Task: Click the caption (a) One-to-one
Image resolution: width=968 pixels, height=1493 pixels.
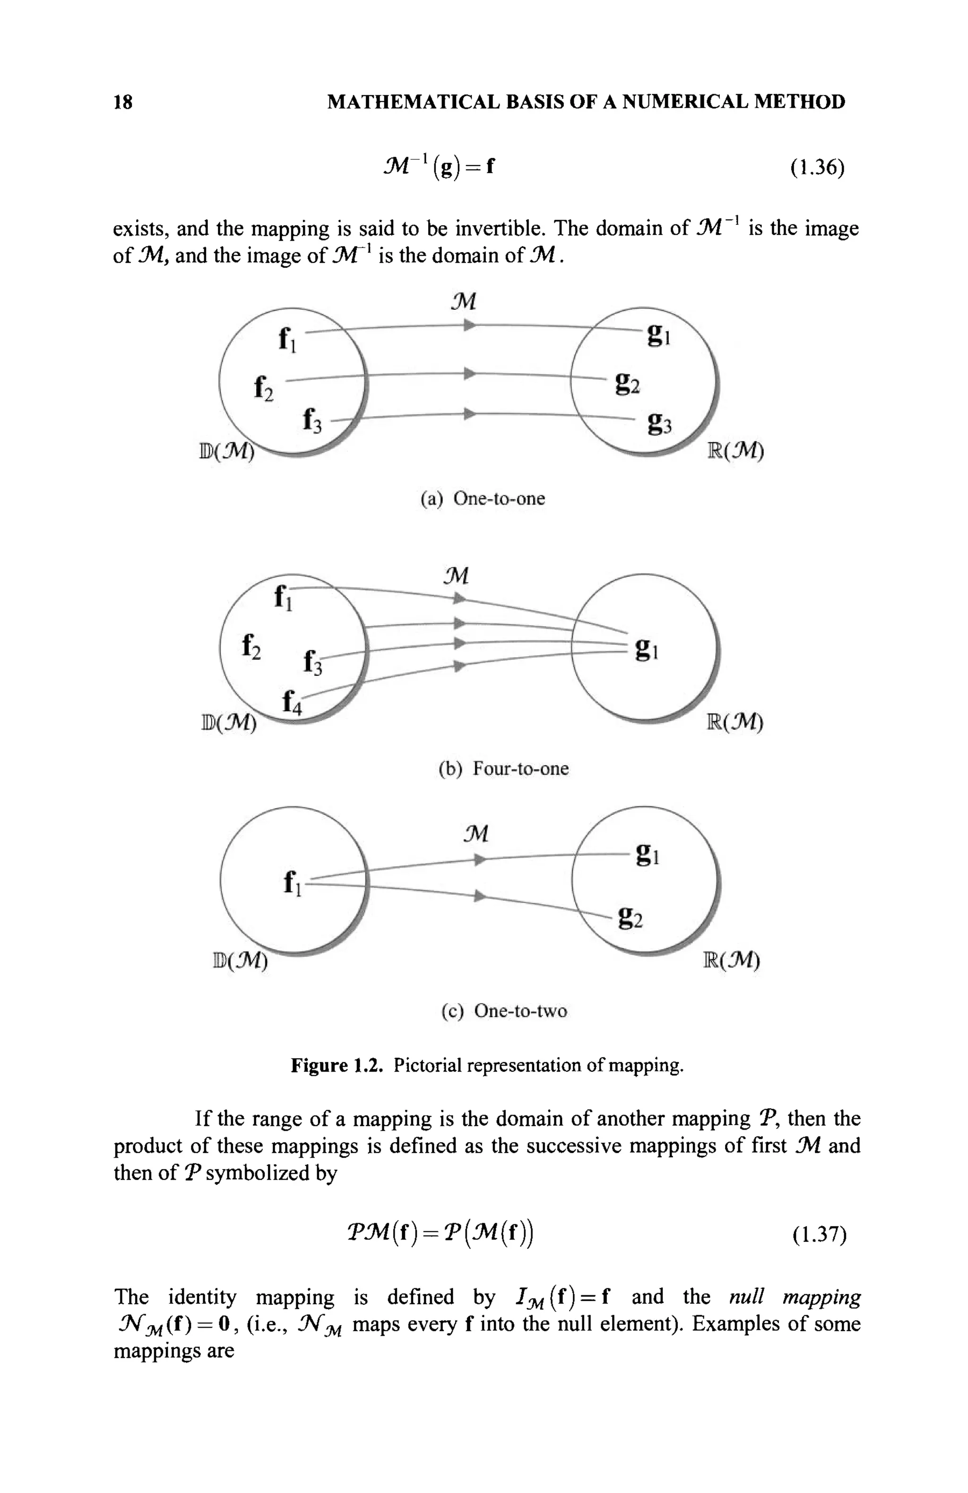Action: (482, 499)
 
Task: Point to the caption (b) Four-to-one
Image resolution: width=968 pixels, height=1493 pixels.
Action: (503, 768)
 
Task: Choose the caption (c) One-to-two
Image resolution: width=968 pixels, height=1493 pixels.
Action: (503, 1011)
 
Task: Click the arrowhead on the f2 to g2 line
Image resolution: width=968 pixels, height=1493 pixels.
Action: (469, 374)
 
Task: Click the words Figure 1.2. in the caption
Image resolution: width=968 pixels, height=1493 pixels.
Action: (336, 1066)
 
